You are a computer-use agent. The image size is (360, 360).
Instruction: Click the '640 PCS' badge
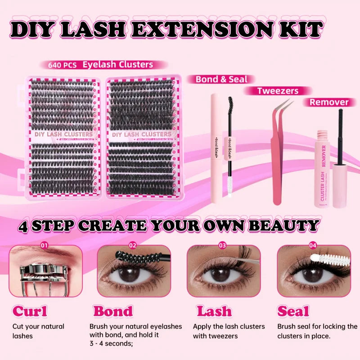[63, 65]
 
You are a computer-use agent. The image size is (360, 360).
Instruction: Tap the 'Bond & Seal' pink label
[221, 79]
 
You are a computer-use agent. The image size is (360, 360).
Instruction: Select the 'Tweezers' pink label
[278, 91]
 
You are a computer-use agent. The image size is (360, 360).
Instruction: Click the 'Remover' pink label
[329, 102]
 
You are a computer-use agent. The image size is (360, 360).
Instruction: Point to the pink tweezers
[279, 148]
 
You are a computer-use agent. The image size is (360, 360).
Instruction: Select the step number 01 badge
[44, 246]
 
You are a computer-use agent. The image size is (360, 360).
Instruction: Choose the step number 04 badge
[312, 246]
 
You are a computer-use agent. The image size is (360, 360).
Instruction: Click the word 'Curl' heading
[30, 311]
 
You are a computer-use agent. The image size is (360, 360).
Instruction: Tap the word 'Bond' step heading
[113, 311]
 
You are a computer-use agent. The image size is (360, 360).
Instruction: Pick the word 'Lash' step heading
[214, 311]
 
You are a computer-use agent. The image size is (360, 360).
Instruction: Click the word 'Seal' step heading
[293, 311]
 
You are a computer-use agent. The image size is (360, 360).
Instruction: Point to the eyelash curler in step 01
[38, 279]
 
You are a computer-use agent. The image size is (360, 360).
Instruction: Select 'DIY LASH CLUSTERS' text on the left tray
[63, 134]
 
